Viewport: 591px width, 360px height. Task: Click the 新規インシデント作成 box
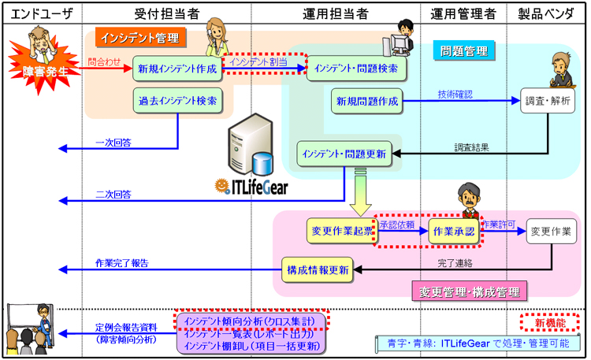(177, 69)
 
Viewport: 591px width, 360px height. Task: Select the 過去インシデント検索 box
(177, 101)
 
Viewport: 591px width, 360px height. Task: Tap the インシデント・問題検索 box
(355, 69)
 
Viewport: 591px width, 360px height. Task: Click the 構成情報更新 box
(318, 269)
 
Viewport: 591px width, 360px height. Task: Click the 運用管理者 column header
(465, 13)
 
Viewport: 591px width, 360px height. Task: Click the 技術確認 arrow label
(455, 95)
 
